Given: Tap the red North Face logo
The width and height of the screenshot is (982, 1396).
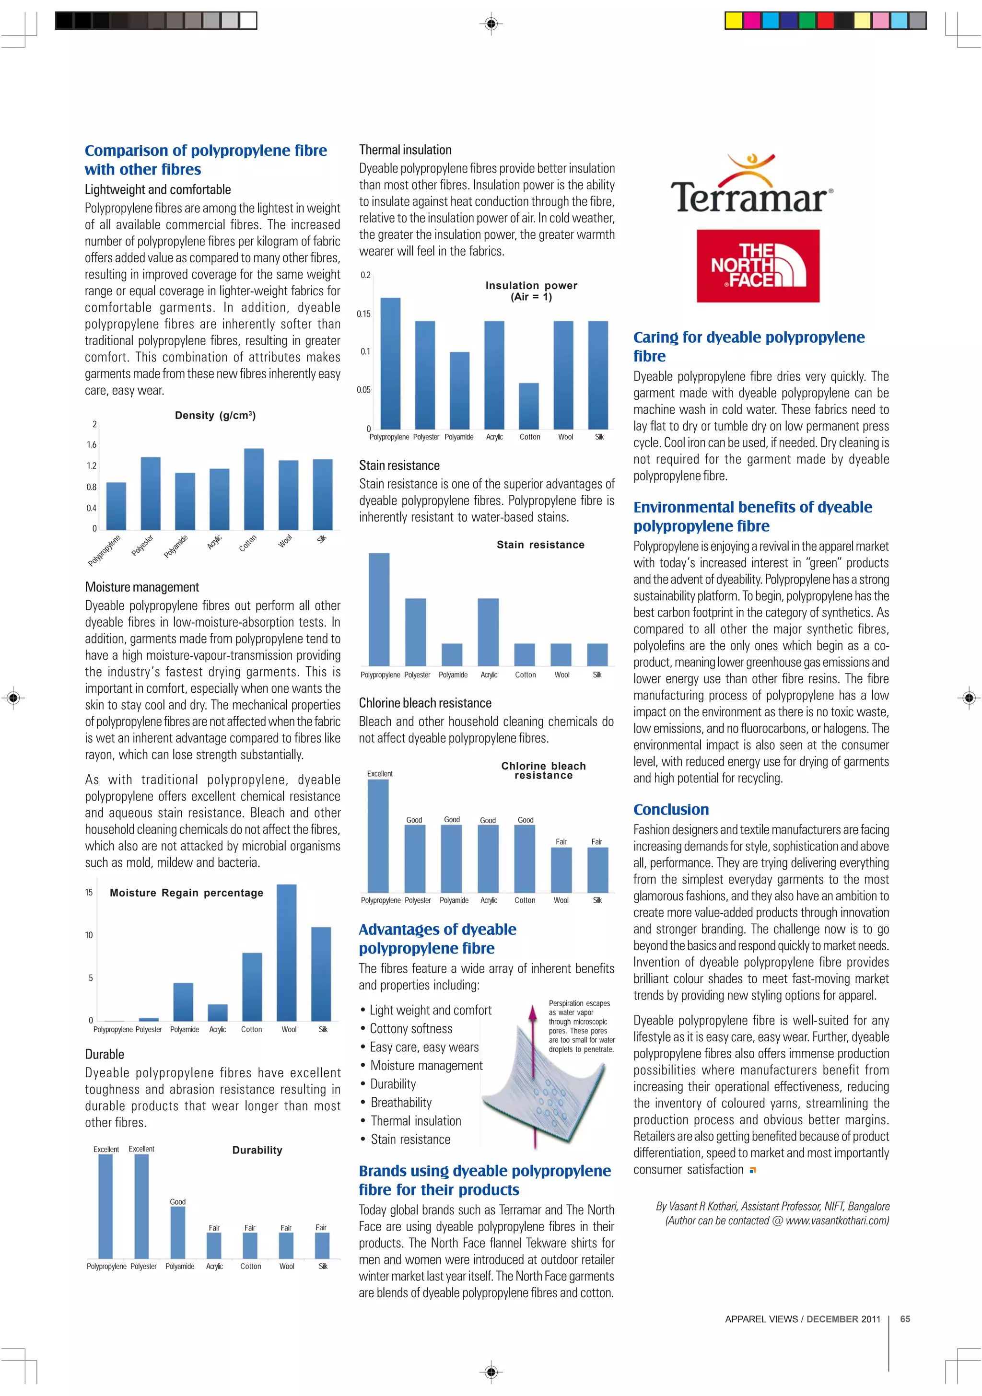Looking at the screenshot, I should (x=758, y=266).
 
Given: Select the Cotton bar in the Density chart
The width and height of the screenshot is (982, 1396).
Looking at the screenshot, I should (x=254, y=489).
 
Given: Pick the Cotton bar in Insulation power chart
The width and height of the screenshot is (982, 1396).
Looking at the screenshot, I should (x=528, y=406).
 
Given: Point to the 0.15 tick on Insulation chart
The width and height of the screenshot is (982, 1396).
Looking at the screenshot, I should (x=363, y=314).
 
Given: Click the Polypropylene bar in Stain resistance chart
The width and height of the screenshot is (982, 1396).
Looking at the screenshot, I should (x=379, y=609).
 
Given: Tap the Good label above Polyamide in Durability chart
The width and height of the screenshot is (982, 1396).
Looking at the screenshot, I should (x=177, y=1201).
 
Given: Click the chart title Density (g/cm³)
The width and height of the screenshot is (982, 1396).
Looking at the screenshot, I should (x=215, y=415).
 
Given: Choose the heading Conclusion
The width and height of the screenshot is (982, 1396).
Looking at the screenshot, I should (x=671, y=809).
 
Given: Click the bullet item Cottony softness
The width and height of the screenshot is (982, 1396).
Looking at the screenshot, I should (x=411, y=1028).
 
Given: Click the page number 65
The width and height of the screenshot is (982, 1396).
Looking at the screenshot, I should (x=905, y=1319).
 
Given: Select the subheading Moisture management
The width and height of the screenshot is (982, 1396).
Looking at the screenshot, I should (x=141, y=587).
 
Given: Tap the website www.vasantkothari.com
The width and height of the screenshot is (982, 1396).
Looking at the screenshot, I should (x=837, y=1220).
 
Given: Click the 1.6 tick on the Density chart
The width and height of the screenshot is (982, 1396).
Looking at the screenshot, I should (x=91, y=444).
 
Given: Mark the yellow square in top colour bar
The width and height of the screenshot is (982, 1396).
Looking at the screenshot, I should (x=734, y=21).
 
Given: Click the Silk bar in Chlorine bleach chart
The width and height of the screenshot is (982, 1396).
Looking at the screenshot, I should (x=597, y=870).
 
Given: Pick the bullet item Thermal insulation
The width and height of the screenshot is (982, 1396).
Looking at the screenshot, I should (x=416, y=1120).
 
